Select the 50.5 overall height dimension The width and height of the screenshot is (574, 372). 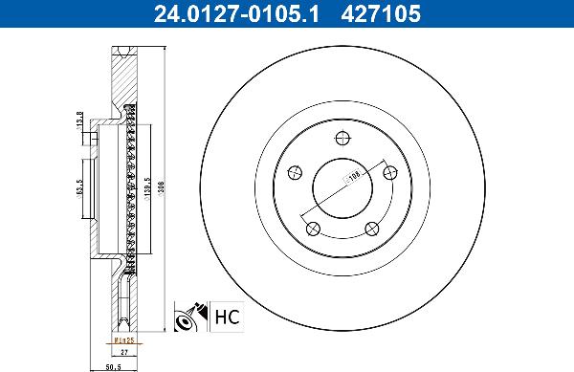point(113,364)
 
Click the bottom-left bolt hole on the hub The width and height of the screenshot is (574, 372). point(312,227)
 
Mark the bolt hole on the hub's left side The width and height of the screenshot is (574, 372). point(295,173)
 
